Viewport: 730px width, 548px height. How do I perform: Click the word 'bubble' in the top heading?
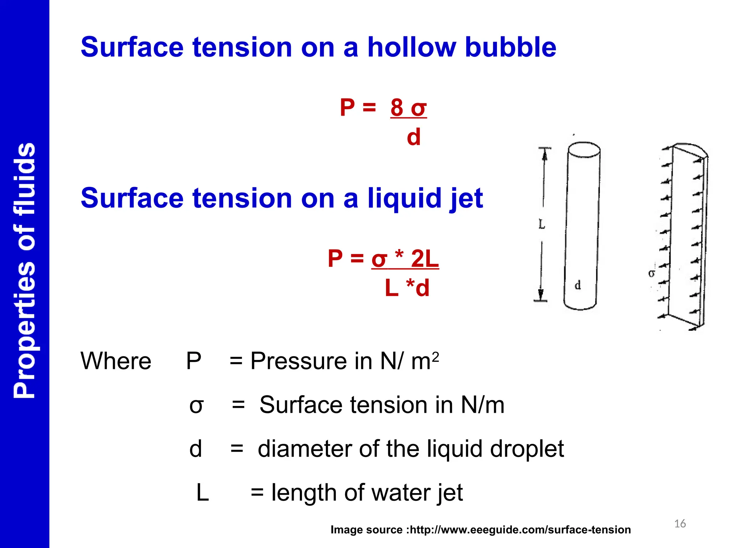(x=510, y=47)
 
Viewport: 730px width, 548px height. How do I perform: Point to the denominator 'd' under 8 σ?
(x=413, y=137)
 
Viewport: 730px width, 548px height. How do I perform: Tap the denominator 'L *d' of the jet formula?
(x=407, y=288)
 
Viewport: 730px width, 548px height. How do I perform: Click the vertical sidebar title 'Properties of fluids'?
(x=24, y=270)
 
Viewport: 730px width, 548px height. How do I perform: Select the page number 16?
(x=680, y=524)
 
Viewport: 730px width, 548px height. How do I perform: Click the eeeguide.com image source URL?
(x=520, y=530)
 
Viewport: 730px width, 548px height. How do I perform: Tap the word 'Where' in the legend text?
(x=116, y=361)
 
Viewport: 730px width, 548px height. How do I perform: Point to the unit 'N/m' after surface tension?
(x=483, y=405)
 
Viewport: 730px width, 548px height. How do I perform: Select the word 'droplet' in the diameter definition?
(x=527, y=449)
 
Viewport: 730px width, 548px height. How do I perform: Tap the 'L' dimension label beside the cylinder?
(x=542, y=224)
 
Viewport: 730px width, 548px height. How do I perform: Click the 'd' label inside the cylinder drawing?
(x=578, y=285)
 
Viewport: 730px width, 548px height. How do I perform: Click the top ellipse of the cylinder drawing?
(x=584, y=150)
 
